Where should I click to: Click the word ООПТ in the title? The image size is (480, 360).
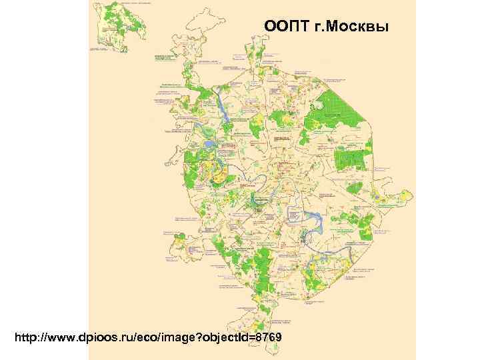click(287, 26)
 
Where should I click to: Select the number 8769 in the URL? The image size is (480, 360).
click(272, 339)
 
